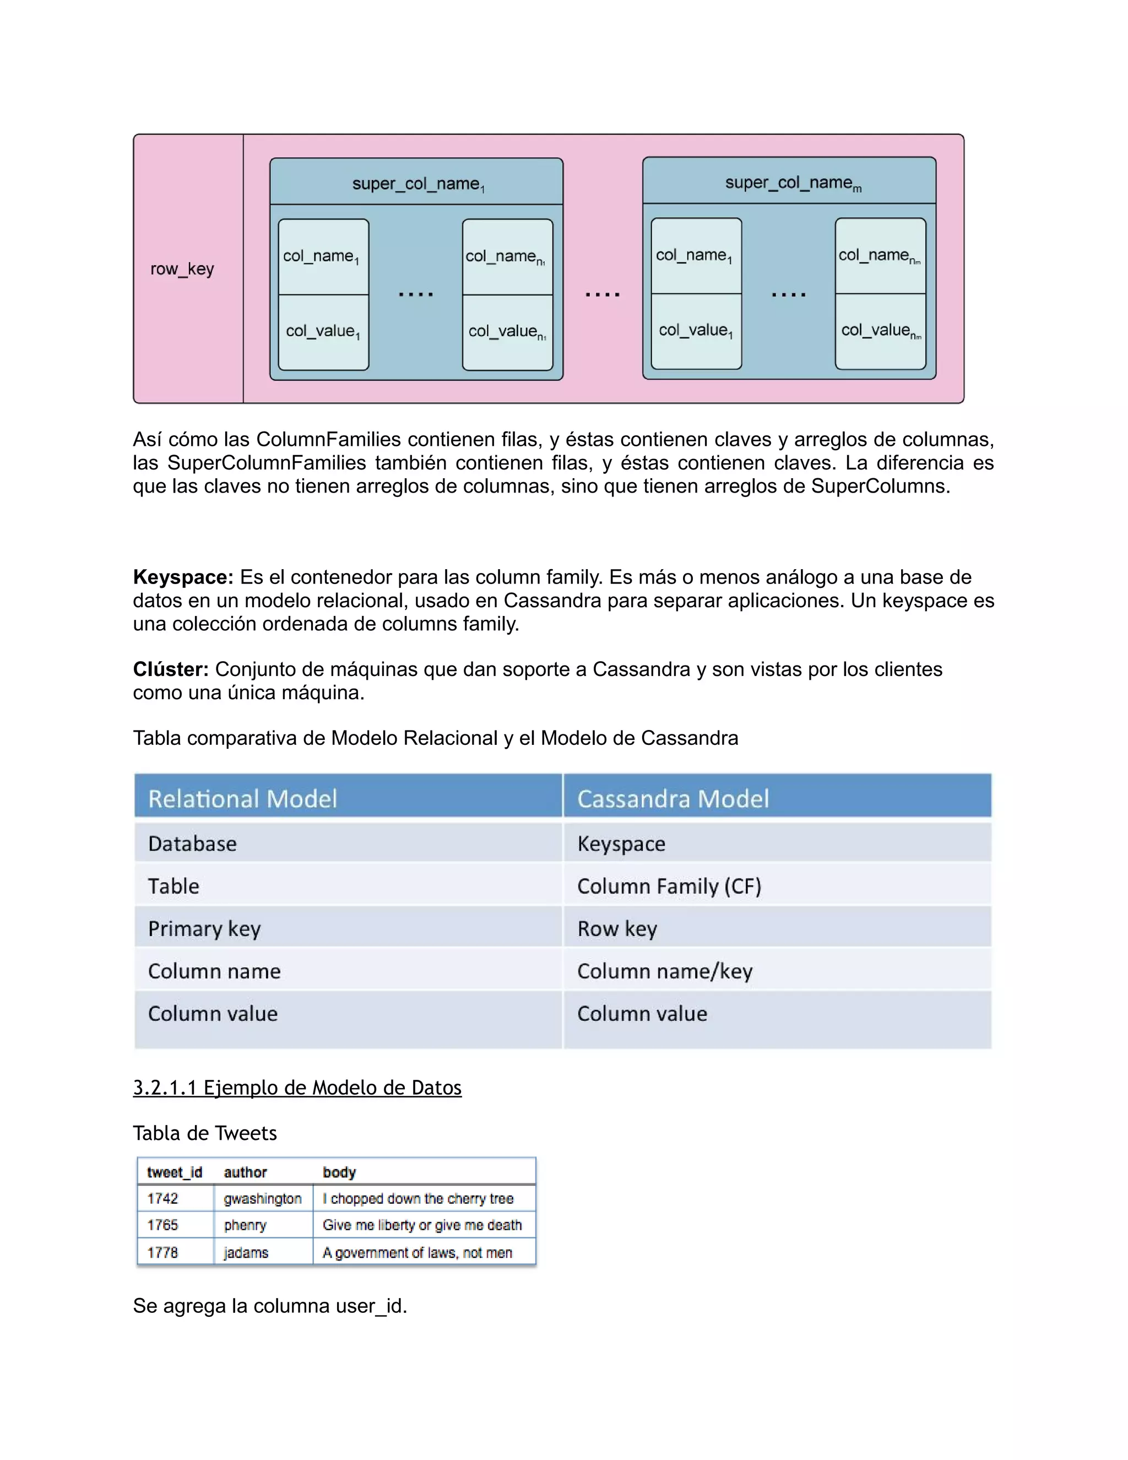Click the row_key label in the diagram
tap(182, 269)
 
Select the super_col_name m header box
tap(790, 182)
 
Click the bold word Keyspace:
tap(183, 577)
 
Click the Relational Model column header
tap(242, 799)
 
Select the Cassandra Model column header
tap(673, 799)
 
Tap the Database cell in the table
tap(192, 843)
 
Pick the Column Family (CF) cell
tap(669, 886)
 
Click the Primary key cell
tap(204, 928)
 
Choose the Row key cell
tap(617, 928)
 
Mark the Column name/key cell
tap(665, 971)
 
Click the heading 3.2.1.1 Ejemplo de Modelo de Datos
tap(297, 1088)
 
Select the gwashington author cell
tap(263, 1199)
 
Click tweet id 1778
tap(162, 1253)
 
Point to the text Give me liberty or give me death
tap(422, 1225)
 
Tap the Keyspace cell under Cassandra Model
tap(621, 843)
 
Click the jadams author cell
tap(246, 1253)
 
